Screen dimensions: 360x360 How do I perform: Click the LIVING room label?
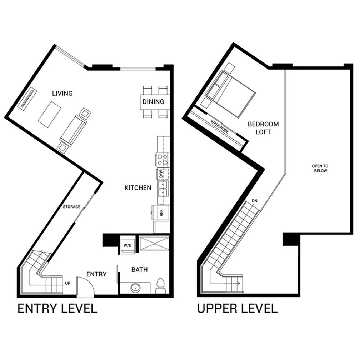pyautogui.click(x=62, y=94)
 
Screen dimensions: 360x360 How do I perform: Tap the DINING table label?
pyautogui.click(x=153, y=101)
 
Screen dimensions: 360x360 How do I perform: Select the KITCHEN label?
pyautogui.click(x=137, y=188)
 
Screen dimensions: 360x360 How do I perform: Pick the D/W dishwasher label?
pyautogui.click(x=161, y=174)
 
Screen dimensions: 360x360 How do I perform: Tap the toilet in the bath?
pyautogui.click(x=160, y=286)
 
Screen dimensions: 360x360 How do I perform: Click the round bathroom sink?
pyautogui.click(x=135, y=287)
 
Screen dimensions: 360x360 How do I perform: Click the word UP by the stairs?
pyautogui.click(x=68, y=284)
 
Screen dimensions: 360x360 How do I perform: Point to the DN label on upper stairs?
pyautogui.click(x=254, y=201)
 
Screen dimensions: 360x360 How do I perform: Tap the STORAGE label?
pyautogui.click(x=71, y=207)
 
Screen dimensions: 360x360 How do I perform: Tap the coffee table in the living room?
pyautogui.click(x=49, y=114)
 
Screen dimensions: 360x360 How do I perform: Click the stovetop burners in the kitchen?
pyautogui.click(x=162, y=159)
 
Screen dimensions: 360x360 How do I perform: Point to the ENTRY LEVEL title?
pyautogui.click(x=57, y=308)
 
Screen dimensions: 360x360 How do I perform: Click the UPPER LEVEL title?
pyautogui.click(x=237, y=308)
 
